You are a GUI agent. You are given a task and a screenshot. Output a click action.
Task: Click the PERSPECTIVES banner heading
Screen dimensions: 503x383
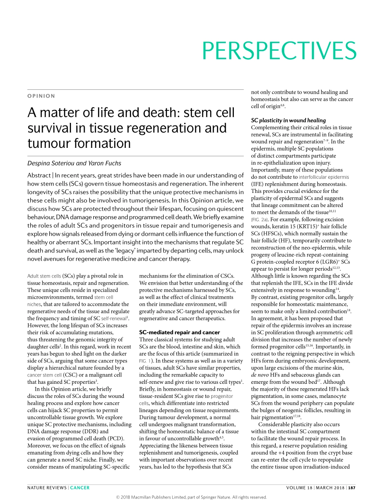[x=279, y=50]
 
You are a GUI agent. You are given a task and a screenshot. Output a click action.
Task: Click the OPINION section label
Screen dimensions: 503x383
[x=41, y=96]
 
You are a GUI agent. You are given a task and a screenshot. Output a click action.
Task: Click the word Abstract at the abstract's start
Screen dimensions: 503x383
[x=39, y=175]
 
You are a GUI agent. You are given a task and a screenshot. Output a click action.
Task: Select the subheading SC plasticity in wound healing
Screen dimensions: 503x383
[x=288, y=120]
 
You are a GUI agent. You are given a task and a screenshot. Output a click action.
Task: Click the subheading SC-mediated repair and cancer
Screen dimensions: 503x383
[x=179, y=332]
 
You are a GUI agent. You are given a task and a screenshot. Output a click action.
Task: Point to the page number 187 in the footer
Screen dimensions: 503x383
[x=352, y=488]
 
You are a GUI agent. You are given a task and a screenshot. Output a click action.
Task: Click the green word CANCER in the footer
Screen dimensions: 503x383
[x=80, y=488]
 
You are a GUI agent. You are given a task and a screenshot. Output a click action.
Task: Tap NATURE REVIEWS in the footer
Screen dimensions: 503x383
[x=47, y=488]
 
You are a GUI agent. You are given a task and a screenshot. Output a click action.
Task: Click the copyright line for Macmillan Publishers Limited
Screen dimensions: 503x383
[x=191, y=497]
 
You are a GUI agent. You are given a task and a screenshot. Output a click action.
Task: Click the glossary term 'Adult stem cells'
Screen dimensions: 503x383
[x=44, y=276]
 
